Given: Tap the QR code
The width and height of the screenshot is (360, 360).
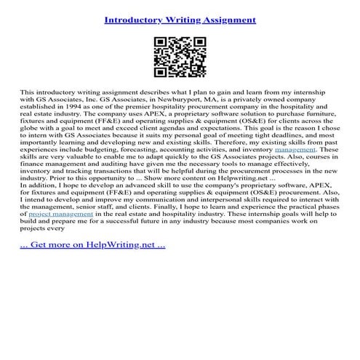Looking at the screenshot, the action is click(x=180, y=58).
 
